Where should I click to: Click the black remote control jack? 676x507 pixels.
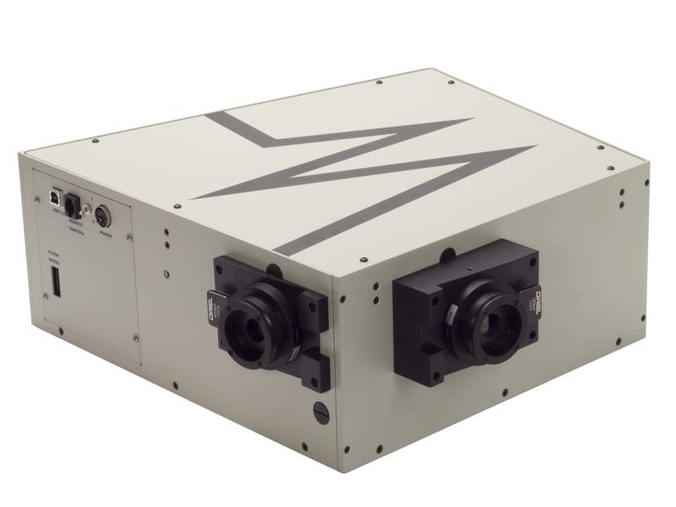pyautogui.click(x=74, y=204)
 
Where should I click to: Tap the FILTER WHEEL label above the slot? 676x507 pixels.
pyautogui.click(x=53, y=258)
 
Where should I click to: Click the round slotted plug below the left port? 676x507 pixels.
pyautogui.click(x=319, y=412)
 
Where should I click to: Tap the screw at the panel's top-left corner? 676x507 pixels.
pyautogui.click(x=38, y=199)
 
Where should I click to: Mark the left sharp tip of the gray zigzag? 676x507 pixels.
pyautogui.click(x=193, y=199)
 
